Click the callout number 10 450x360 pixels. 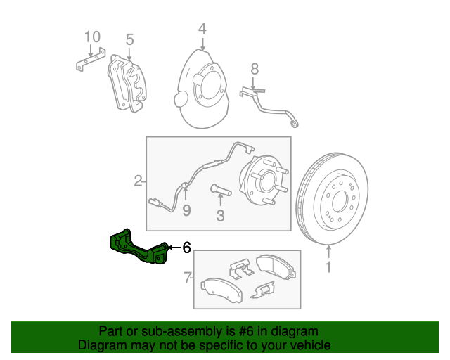[x=92, y=37]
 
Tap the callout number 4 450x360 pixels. [x=202, y=29]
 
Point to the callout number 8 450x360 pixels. [x=254, y=68]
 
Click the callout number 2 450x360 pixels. [x=138, y=181]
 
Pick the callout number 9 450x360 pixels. [x=186, y=210]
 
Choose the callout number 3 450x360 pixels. [x=220, y=216]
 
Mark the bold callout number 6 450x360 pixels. [x=186, y=247]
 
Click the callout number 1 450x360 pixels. [x=328, y=267]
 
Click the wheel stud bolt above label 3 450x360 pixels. [x=219, y=189]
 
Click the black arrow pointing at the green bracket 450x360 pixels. [x=174, y=247]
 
